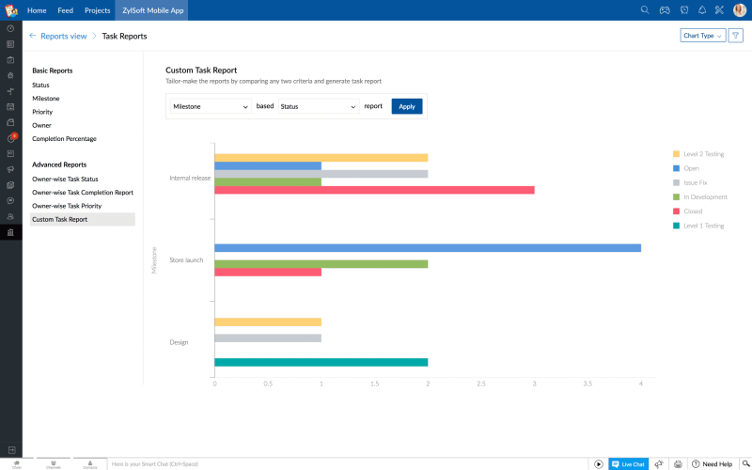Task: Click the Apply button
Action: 407,106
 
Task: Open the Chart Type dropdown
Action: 702,36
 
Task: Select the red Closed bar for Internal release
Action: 374,190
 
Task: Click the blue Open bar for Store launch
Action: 428,248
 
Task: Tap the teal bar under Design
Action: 321,362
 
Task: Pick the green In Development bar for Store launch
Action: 321,264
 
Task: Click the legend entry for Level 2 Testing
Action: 702,154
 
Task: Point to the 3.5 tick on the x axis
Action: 588,384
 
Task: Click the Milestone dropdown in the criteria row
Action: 211,106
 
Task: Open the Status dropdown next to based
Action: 319,106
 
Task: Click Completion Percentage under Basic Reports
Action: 64,139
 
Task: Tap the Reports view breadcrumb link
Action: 63,36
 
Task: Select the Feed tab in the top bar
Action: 66,10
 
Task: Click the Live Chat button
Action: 628,464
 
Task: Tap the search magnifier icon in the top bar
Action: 645,10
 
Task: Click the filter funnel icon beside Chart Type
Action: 736,36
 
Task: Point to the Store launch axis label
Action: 186,260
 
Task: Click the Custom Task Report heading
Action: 201,70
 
